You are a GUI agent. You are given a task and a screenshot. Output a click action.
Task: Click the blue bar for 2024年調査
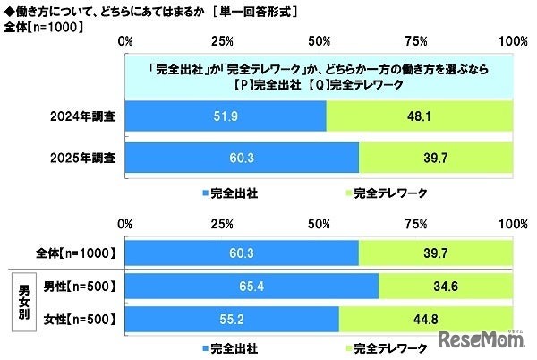(226, 116)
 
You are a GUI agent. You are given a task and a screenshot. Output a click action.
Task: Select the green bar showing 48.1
(420, 116)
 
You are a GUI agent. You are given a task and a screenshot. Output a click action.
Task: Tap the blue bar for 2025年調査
(242, 159)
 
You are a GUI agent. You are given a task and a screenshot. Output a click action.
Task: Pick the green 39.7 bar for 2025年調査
(436, 159)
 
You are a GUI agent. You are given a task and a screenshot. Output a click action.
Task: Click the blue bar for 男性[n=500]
(251, 287)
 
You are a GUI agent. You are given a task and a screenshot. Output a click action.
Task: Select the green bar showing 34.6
(446, 287)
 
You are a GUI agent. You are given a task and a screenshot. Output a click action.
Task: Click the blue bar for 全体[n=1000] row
(242, 254)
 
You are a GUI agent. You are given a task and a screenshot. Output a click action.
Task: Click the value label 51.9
(226, 116)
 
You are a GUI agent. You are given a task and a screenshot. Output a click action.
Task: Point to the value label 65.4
(251, 287)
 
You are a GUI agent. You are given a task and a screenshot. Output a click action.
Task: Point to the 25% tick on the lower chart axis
(222, 221)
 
